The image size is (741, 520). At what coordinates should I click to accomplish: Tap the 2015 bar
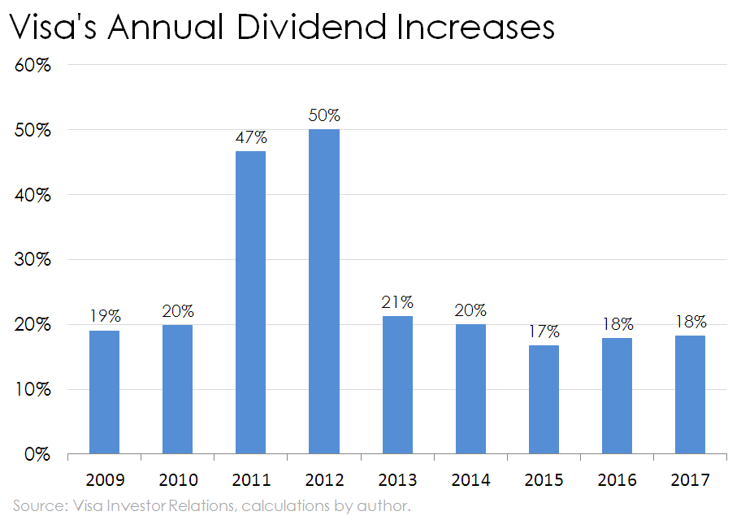click(544, 399)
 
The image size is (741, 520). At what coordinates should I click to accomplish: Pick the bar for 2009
click(104, 392)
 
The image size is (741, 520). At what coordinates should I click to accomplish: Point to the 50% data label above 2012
click(324, 115)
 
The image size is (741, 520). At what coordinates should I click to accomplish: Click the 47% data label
click(250, 136)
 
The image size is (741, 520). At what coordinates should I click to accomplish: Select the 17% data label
click(544, 331)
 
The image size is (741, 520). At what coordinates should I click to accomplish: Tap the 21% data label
click(397, 301)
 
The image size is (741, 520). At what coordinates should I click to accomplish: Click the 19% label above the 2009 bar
click(104, 315)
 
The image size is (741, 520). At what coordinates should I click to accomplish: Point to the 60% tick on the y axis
click(33, 66)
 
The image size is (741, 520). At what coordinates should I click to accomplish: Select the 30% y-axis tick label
click(33, 260)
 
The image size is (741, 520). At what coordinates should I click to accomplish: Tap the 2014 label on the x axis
click(470, 479)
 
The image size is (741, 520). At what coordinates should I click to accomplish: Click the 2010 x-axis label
click(177, 479)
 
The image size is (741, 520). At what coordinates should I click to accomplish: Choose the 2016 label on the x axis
click(617, 479)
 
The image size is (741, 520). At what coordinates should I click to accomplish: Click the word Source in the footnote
click(35, 506)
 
